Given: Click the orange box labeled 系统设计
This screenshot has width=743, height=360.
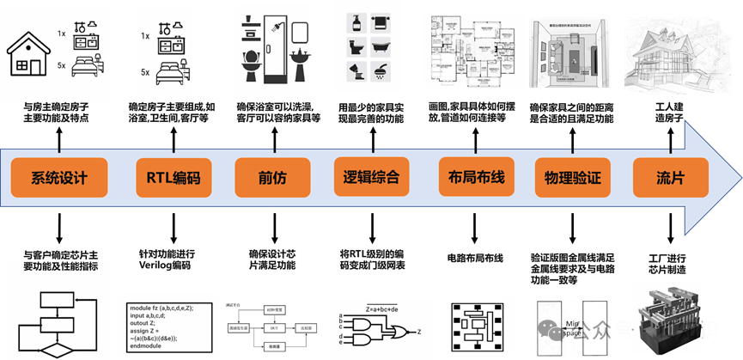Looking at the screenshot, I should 59,179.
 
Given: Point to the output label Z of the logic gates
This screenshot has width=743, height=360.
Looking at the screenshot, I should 419,331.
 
